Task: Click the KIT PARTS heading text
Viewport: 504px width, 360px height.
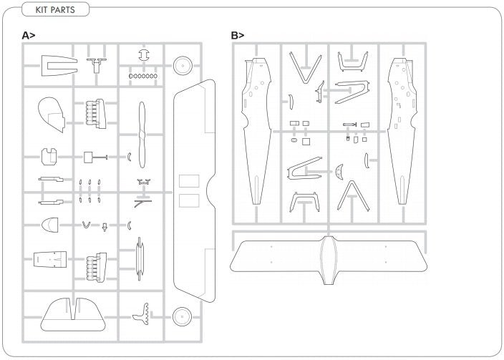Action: point(55,9)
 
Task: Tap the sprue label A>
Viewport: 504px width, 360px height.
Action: point(29,35)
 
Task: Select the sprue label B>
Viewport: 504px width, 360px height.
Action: point(238,35)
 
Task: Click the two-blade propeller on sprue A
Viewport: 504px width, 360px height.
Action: point(142,135)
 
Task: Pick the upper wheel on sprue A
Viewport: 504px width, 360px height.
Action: point(183,66)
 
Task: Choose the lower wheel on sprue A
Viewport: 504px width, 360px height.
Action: point(182,316)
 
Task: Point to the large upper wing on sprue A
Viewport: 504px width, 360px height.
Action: point(194,190)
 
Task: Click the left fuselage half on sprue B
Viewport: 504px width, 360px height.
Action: point(256,131)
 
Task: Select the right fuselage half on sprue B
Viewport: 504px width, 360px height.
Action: point(402,131)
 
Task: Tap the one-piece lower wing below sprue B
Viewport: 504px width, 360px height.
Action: point(328,261)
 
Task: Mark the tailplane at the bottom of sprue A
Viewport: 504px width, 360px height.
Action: point(73,315)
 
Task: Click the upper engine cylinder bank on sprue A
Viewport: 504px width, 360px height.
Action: point(96,114)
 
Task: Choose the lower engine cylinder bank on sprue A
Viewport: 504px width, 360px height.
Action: point(97,268)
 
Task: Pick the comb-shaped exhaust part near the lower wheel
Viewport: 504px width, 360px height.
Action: point(142,313)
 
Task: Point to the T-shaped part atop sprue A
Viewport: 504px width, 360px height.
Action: point(97,65)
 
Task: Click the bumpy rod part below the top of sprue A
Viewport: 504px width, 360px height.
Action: point(143,76)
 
